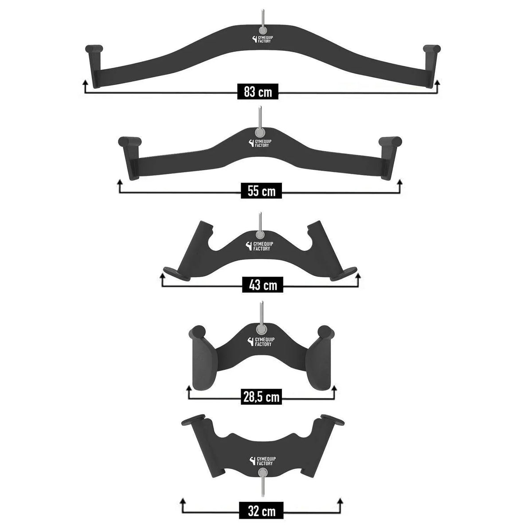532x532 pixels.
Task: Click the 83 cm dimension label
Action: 258,91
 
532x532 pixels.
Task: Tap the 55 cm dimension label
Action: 261,191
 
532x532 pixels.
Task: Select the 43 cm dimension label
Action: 263,285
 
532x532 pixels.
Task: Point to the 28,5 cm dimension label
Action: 261,397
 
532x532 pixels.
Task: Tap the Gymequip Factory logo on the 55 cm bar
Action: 260,143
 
